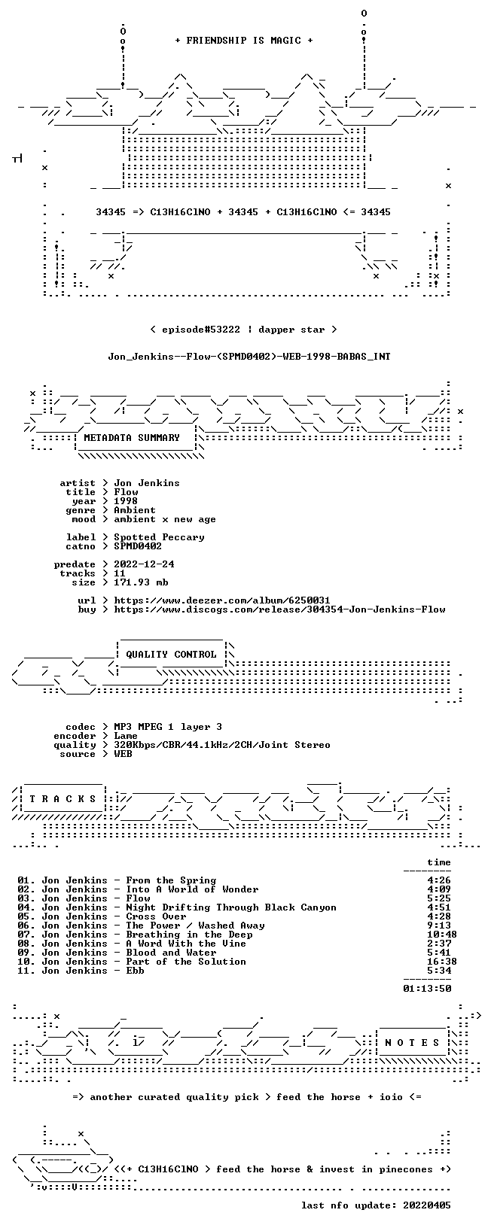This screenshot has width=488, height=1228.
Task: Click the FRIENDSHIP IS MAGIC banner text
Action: (x=244, y=41)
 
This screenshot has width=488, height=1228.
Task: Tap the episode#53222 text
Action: (x=201, y=330)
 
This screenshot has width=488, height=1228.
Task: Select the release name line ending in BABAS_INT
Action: (x=249, y=357)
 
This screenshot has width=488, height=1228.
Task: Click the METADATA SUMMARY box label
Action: (x=132, y=437)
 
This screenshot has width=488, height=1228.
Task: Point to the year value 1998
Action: (x=126, y=501)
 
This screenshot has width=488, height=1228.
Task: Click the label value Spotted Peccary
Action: (x=159, y=537)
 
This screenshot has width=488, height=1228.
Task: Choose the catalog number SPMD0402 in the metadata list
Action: (x=138, y=546)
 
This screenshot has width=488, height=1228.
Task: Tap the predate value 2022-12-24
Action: (x=144, y=564)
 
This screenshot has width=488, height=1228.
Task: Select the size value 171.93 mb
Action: (x=141, y=582)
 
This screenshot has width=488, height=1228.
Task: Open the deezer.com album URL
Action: (x=221, y=600)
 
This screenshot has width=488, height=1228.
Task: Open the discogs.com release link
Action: (x=279, y=609)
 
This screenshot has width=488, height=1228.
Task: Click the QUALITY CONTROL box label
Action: (x=171, y=654)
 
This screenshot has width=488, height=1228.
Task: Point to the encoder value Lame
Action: (x=126, y=736)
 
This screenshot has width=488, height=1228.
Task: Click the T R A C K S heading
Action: (x=63, y=799)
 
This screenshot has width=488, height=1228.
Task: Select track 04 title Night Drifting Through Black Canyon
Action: (x=231, y=907)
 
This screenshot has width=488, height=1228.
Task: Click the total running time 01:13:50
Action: (x=427, y=989)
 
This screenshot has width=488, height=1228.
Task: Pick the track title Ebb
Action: (x=135, y=971)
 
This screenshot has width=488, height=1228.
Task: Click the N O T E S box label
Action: (x=412, y=1043)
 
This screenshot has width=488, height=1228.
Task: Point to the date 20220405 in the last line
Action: (x=427, y=1205)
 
